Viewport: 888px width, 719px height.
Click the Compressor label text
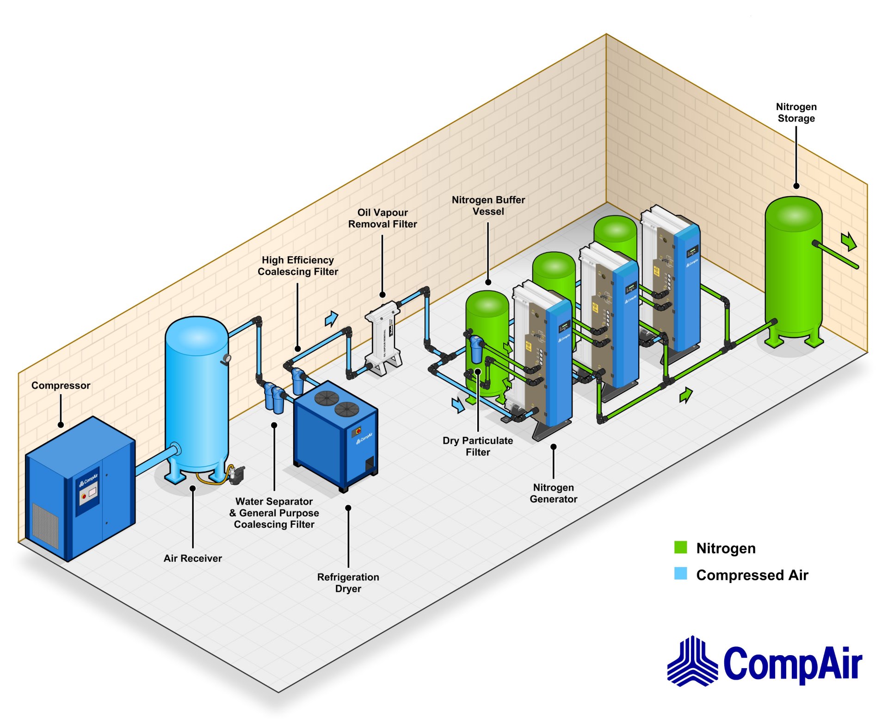click(61, 385)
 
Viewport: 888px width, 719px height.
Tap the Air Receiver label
click(192, 558)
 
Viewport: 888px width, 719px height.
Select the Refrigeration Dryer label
click(348, 583)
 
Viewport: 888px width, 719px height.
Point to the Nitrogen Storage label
click(796, 112)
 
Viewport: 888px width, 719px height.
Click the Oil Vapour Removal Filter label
click(382, 218)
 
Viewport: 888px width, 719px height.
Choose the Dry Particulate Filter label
click(477, 446)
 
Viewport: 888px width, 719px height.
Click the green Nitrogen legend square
click(680, 547)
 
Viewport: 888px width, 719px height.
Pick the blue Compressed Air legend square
click(680, 574)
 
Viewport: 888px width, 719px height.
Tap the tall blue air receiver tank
click(197, 393)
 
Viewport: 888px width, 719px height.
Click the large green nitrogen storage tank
click(793, 268)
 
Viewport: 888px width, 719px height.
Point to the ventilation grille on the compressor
click(45, 525)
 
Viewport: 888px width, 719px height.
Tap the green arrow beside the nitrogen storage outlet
click(848, 241)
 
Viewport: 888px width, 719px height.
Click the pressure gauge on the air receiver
click(227, 358)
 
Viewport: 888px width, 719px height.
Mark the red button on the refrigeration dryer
click(358, 431)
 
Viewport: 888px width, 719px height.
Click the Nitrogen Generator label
click(553, 493)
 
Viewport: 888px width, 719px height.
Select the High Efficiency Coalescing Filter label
click(298, 266)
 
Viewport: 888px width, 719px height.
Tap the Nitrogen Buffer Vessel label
click(488, 205)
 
